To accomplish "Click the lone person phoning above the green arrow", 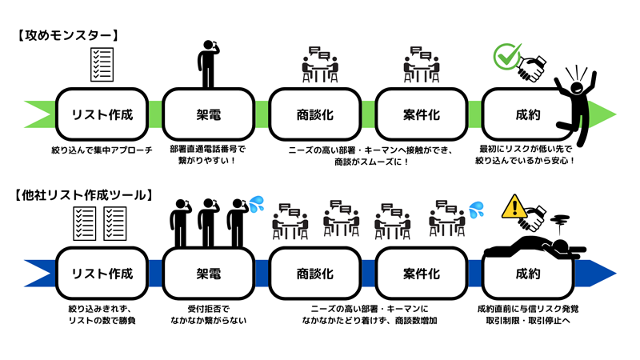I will [207, 62].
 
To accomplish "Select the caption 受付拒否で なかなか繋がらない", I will [208, 314].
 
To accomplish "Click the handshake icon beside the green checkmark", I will [534, 67].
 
